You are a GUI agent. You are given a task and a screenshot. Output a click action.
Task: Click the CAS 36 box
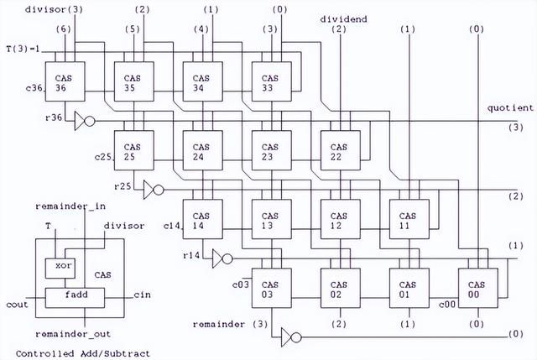(x=65, y=81)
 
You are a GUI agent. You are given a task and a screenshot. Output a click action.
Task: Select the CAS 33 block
(x=272, y=81)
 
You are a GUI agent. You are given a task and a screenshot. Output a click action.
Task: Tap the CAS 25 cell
(x=134, y=150)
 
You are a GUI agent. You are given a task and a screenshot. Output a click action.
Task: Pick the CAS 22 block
(x=341, y=150)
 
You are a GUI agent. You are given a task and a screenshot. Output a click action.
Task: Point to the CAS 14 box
(x=203, y=219)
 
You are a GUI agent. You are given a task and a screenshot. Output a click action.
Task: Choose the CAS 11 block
(x=409, y=219)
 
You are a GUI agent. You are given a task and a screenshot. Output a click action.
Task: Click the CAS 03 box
(x=272, y=288)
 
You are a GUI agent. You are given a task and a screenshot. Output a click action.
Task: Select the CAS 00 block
(x=478, y=288)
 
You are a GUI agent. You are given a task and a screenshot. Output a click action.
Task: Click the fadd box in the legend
(x=75, y=298)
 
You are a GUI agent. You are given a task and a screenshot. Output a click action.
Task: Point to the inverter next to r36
(x=85, y=121)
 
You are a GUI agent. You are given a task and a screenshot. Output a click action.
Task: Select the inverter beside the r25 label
(x=154, y=190)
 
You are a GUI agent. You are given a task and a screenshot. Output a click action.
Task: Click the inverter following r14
(x=222, y=258)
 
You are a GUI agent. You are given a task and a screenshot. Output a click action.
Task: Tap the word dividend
(x=343, y=19)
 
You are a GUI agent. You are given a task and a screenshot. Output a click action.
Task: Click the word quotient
(x=510, y=108)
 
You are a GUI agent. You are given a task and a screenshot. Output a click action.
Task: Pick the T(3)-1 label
(x=23, y=49)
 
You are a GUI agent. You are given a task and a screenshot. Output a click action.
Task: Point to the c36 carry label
(x=34, y=88)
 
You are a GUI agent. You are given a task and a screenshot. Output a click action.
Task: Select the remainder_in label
(x=70, y=206)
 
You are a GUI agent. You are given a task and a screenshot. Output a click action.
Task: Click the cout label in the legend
(x=17, y=305)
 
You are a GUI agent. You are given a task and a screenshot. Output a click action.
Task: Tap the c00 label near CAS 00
(x=447, y=304)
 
